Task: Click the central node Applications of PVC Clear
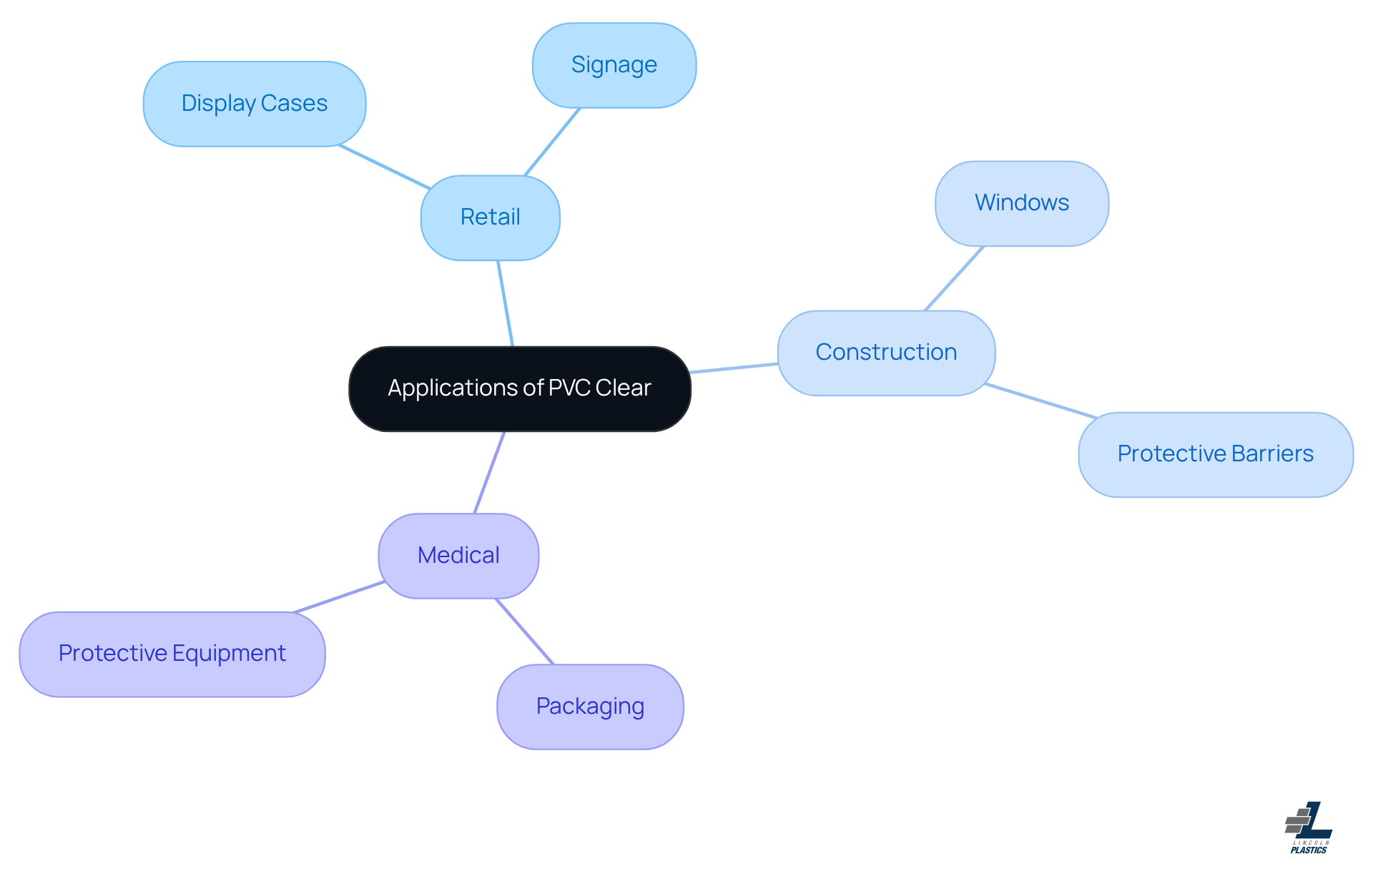pos(519,388)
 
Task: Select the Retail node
pos(490,217)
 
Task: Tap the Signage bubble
pos(614,65)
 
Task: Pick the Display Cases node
pos(254,104)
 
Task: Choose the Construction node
pos(885,353)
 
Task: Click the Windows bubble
pos(1021,203)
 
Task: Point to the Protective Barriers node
pos(1215,454)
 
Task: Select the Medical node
pos(458,556)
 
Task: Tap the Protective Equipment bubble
pos(172,654)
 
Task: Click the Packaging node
pos(590,707)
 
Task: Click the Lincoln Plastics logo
pos(1309,828)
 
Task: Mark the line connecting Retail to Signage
pos(552,142)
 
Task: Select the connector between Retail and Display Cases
pos(384,167)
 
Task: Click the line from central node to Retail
pos(506,303)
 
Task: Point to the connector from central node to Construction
pos(734,368)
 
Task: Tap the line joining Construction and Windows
pos(954,278)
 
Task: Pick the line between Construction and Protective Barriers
pos(1040,401)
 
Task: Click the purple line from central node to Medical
pos(490,472)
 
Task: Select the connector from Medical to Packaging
pos(525,632)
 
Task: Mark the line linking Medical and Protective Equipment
pos(340,596)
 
